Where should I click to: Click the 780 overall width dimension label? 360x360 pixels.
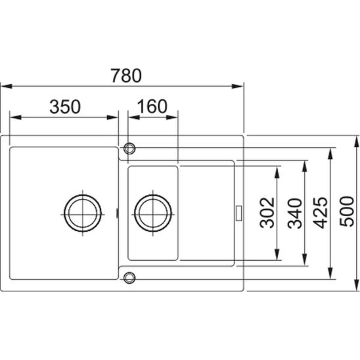126,76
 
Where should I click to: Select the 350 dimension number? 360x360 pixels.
65,106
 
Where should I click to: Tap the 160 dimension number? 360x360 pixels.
152,106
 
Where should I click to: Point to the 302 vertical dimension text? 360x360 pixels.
267,213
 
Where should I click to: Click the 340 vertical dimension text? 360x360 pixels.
295,214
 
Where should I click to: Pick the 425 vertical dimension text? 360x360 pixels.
321,213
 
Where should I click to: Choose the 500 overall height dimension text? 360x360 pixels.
347,212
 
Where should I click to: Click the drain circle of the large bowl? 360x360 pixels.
83,195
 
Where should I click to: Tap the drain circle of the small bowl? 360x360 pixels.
153,195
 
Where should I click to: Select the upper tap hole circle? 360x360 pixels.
129,143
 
